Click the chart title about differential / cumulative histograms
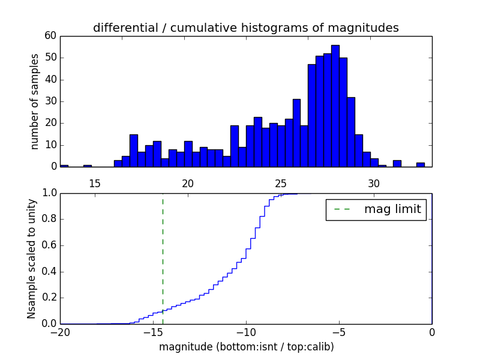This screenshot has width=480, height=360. [245, 28]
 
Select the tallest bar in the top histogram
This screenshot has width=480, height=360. [335, 106]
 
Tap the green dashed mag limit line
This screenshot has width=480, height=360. [163, 258]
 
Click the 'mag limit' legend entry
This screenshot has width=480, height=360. [376, 209]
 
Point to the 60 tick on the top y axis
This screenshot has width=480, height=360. [50, 36]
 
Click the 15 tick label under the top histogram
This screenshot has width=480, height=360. [94, 182]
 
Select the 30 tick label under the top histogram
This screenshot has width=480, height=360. [374, 182]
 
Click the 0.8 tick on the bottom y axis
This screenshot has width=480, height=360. [50, 219]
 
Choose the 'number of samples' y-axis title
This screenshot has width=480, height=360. [35, 101]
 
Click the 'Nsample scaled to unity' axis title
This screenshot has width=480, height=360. [32, 259]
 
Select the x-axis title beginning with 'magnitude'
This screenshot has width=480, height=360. [246, 347]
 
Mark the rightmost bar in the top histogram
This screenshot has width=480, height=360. [421, 164]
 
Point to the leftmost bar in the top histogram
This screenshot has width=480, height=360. [64, 166]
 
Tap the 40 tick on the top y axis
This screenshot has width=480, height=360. [50, 80]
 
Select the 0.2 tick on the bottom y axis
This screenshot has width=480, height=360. [50, 298]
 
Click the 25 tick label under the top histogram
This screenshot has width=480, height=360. [281, 182]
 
